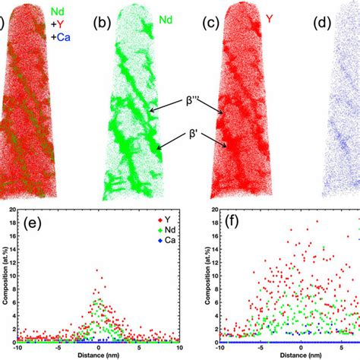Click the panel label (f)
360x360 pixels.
(x=225, y=223)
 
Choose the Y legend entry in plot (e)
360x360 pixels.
(x=156, y=221)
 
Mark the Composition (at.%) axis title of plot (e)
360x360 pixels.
(x=6, y=276)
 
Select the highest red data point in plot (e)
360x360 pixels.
(x=96, y=270)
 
